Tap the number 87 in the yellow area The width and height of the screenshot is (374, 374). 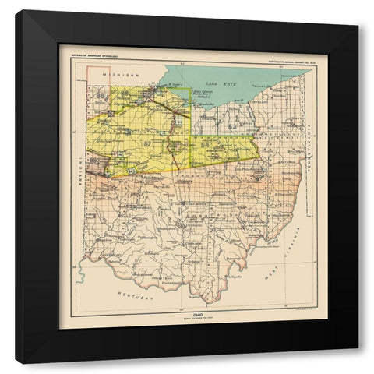tap(147, 143)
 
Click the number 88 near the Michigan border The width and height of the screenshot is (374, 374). tap(101, 96)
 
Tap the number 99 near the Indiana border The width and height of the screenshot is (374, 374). tap(94, 161)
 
